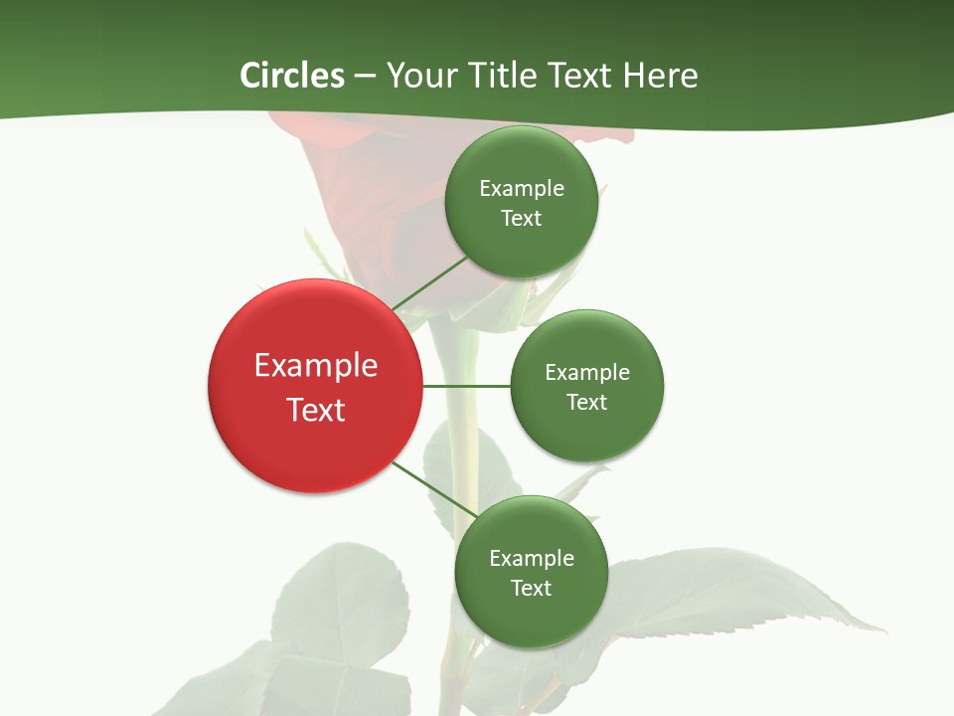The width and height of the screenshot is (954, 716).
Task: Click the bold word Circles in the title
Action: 292,76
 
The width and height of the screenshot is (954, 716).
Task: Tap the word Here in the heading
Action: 660,76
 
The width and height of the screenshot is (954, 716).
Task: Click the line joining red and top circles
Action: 429,283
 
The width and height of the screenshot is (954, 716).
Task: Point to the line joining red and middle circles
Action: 466,386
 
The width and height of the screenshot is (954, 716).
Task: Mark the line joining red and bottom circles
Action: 433,490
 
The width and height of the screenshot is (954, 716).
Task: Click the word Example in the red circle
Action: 316,366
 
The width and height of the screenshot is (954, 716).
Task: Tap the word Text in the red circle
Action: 316,410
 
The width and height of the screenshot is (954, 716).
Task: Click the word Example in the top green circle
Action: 522,188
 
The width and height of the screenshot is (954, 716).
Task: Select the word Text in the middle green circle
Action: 587,402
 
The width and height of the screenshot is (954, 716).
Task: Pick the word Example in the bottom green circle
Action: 532,558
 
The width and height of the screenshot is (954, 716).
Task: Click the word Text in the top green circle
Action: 522,218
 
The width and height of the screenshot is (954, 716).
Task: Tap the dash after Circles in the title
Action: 365,76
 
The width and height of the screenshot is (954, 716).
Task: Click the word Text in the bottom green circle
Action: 532,588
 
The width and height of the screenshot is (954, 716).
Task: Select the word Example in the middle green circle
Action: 587,372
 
